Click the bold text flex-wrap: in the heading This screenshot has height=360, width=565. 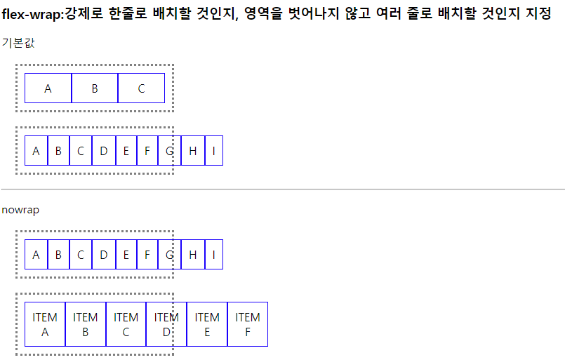[32, 13]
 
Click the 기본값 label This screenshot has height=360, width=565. [18, 43]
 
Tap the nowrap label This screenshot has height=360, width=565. [20, 210]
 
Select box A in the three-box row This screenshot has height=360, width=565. [48, 88]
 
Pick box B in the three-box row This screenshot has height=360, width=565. [95, 88]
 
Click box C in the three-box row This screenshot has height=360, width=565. [141, 88]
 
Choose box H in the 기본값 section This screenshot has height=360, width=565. [192, 151]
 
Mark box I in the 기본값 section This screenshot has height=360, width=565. [214, 151]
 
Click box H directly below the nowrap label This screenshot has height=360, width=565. [192, 255]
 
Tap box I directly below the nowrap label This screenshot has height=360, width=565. [214, 255]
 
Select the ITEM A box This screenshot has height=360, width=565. [45, 324]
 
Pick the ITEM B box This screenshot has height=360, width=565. [86, 324]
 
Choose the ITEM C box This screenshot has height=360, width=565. [126, 324]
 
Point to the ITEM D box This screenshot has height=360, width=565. [166, 324]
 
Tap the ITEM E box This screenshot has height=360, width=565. [207, 324]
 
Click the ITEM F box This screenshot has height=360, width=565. [248, 324]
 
